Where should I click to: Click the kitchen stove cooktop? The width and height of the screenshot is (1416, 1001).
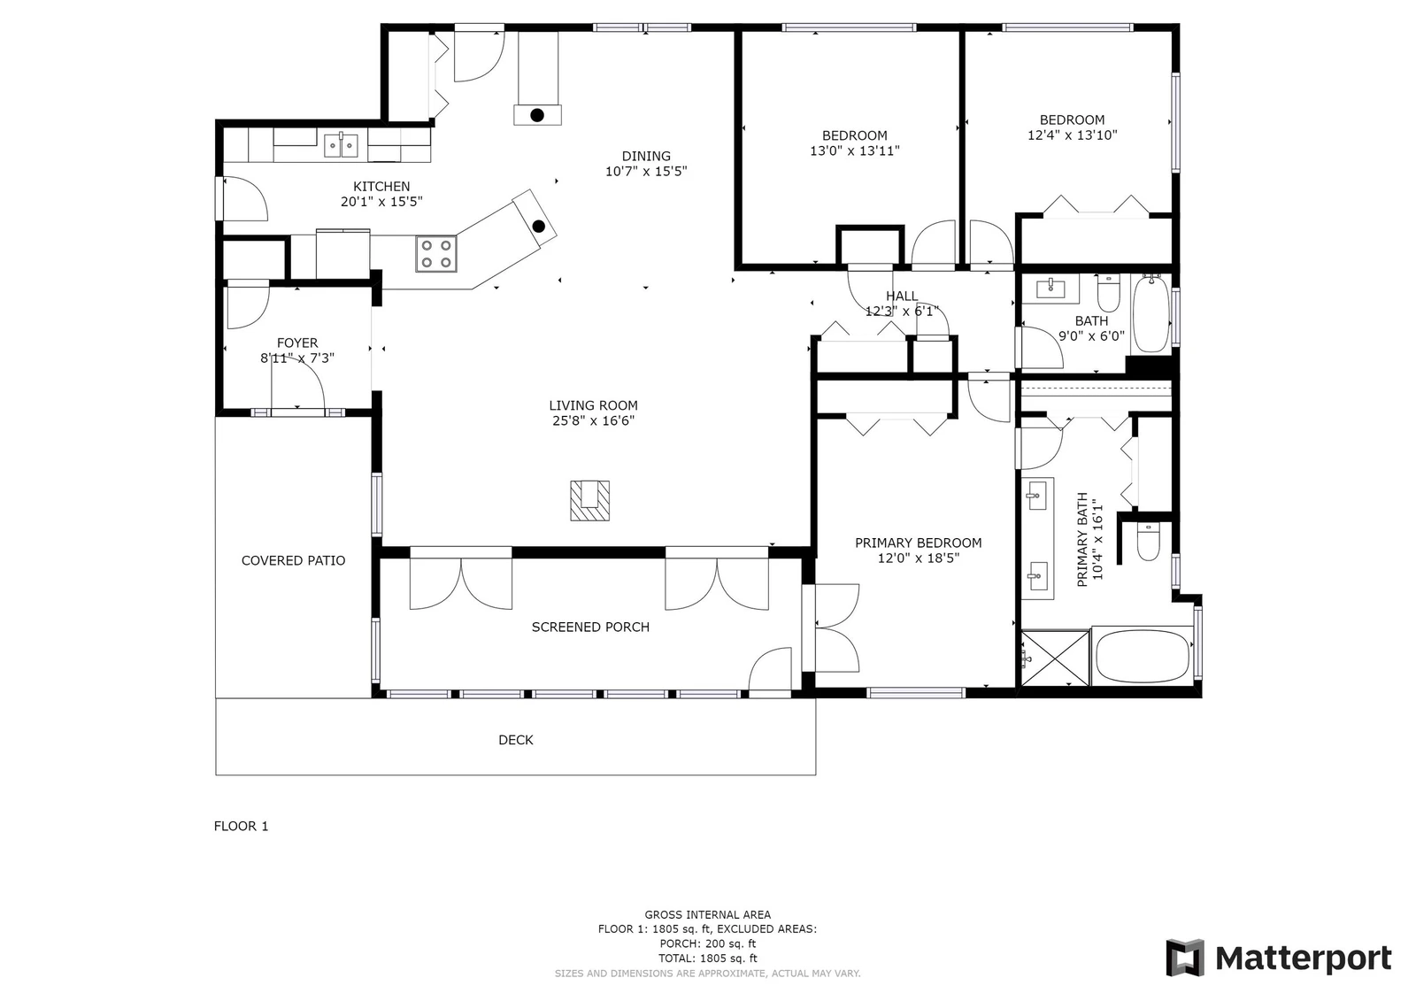tap(436, 254)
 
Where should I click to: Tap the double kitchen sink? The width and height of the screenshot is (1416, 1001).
tap(342, 145)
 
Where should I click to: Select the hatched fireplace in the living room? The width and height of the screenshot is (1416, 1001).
tap(589, 501)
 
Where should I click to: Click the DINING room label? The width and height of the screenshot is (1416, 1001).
tap(646, 156)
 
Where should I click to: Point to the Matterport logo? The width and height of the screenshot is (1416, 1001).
tap(1279, 958)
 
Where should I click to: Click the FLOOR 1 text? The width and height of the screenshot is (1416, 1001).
tap(241, 826)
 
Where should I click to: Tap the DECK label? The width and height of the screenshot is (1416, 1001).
tap(516, 740)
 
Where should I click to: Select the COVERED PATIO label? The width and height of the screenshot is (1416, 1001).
tap(293, 560)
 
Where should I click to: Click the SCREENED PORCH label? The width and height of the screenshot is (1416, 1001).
tap(590, 627)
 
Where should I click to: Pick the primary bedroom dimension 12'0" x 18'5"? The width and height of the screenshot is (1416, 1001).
tap(919, 558)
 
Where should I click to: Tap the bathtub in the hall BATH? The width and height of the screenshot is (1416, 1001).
tap(1151, 314)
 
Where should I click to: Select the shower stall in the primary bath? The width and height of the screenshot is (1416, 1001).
tap(1055, 658)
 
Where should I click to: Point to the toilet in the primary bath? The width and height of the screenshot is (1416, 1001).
tap(1148, 542)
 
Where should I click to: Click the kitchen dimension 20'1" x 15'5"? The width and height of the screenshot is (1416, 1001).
tap(381, 202)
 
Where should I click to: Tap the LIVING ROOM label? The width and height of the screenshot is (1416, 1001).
tap(593, 405)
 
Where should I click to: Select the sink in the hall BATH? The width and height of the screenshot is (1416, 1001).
tap(1050, 289)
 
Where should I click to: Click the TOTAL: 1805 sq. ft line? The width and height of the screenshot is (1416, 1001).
tap(707, 958)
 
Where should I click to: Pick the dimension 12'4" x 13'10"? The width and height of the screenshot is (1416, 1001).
tap(1072, 135)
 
